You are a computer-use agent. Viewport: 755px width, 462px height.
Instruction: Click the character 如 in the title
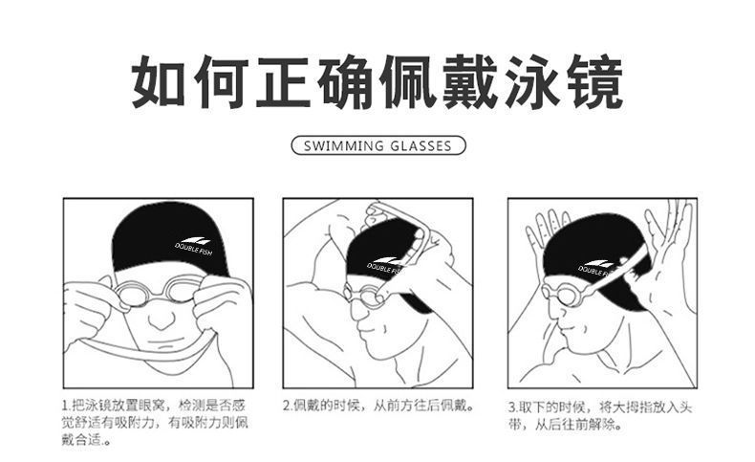click(x=159, y=82)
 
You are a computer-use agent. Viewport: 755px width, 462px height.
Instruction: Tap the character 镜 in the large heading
click(x=595, y=82)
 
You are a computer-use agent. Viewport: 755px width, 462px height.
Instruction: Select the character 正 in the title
click(x=283, y=82)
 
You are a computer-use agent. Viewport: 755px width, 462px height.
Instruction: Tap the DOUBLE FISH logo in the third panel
click(x=596, y=268)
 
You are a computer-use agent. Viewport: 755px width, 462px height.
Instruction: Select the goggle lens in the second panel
click(x=367, y=295)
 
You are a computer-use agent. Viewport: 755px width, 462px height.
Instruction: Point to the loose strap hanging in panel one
click(x=145, y=348)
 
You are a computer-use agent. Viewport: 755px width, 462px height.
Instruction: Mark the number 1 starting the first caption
click(x=65, y=406)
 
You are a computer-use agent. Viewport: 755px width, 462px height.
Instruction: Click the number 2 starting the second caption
click(x=286, y=406)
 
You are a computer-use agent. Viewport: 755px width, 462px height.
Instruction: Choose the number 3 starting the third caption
click(x=512, y=407)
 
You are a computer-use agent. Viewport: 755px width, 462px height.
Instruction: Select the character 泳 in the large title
click(x=532, y=82)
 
